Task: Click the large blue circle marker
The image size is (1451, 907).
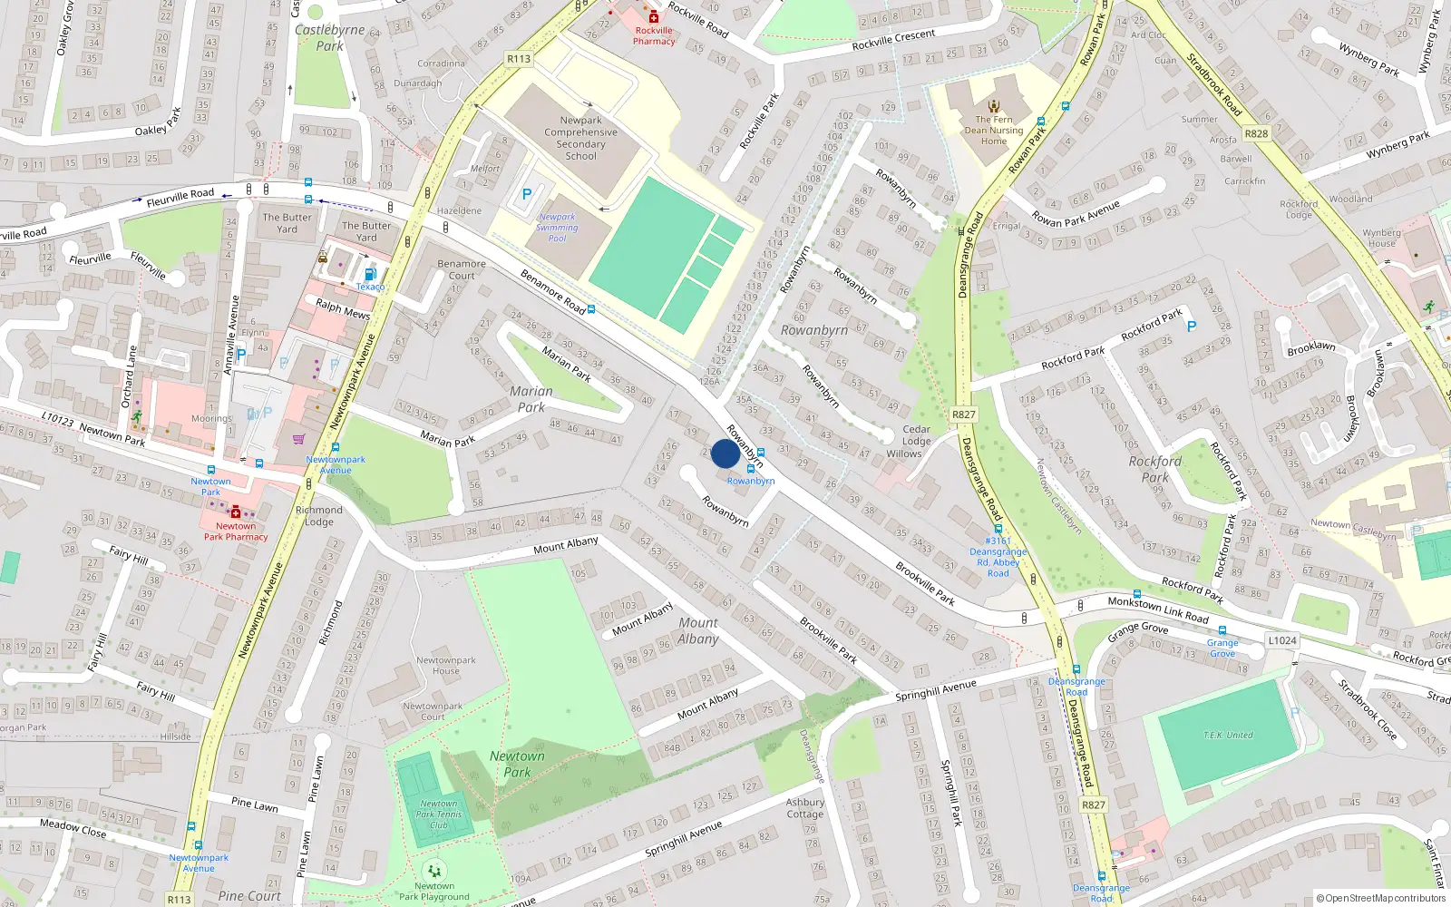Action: [725, 453]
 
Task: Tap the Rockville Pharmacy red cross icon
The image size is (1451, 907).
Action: [653, 17]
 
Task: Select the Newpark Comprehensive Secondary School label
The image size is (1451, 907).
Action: [580, 138]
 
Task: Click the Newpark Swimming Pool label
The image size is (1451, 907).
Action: [557, 228]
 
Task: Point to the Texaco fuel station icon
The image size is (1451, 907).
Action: [370, 274]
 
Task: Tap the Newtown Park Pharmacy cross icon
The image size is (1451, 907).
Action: [236, 512]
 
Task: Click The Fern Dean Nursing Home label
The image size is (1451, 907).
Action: [994, 130]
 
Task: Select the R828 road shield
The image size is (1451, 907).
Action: [1256, 133]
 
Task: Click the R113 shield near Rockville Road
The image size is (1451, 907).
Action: [519, 59]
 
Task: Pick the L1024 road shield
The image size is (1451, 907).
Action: [1281, 640]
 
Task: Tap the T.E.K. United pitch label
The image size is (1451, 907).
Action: [1228, 735]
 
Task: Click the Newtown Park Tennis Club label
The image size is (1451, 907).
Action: [439, 814]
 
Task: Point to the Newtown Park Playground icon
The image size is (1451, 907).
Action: [434, 871]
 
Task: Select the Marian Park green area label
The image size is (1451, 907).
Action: [531, 399]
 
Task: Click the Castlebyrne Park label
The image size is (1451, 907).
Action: [329, 37]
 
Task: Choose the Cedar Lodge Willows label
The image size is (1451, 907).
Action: [915, 442]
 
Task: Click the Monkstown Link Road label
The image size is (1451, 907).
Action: [1158, 610]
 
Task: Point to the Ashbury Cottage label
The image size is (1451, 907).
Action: [804, 808]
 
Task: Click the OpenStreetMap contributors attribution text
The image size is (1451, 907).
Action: [1380, 899]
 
